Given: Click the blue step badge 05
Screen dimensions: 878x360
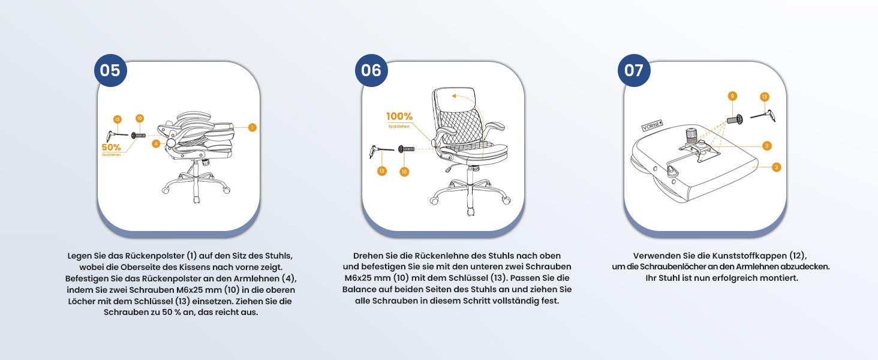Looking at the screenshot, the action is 110,71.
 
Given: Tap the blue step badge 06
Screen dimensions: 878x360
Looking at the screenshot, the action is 371,71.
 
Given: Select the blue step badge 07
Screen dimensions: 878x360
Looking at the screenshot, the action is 634,71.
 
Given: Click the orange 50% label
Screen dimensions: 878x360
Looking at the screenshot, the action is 112,148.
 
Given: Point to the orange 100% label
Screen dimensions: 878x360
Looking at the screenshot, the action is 399,116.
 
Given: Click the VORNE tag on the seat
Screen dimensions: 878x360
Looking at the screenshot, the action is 653,125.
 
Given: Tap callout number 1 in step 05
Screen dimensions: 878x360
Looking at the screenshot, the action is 252,127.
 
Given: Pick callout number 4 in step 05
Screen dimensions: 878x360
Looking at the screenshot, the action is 156,144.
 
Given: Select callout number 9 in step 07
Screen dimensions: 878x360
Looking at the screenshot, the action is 732,96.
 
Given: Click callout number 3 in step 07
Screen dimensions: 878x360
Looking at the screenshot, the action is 766,146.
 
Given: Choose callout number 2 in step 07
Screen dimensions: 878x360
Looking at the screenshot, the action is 777,167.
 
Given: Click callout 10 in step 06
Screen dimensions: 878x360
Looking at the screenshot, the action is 404,172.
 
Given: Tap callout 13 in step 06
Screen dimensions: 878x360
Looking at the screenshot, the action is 382,171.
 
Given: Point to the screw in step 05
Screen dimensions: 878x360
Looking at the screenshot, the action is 139,136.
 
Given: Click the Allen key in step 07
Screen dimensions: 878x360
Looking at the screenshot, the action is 763,116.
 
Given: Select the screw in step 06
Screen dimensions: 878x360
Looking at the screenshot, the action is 406,149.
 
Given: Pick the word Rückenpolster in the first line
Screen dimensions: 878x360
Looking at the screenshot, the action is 155,256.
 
